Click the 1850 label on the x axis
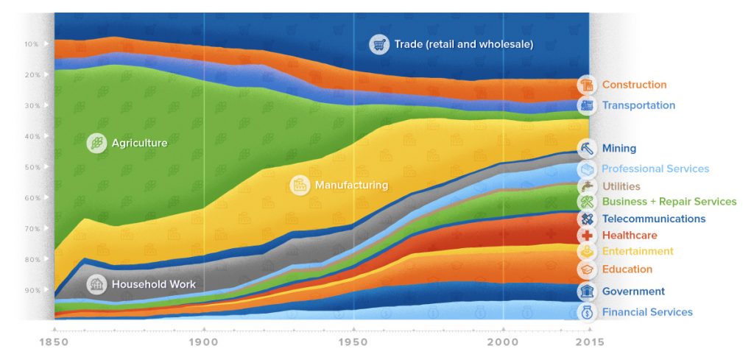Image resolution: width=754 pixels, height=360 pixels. click(x=54, y=342)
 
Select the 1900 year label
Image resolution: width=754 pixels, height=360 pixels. click(x=204, y=342)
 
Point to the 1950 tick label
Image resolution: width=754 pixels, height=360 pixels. click(x=353, y=342)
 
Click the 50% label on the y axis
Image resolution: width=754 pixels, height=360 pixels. click(x=31, y=167)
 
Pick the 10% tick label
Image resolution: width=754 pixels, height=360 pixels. click(x=31, y=44)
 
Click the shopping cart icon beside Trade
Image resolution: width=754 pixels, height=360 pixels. click(x=379, y=44)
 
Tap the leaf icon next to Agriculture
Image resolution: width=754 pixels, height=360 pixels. click(x=96, y=143)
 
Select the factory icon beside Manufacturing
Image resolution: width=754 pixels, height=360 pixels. click(x=300, y=185)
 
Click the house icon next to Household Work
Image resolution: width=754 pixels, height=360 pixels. click(x=96, y=284)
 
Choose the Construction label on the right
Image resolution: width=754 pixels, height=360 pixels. click(x=634, y=85)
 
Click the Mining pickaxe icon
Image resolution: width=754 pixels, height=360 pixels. click(x=587, y=148)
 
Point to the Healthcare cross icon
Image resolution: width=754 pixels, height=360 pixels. click(x=587, y=236)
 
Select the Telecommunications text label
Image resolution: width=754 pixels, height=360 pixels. click(x=653, y=219)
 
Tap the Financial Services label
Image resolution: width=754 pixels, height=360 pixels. click(x=646, y=312)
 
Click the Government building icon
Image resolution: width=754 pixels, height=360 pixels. click(x=587, y=292)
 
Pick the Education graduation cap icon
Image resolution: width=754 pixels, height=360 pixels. click(x=587, y=269)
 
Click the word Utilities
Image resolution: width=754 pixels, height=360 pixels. click(x=621, y=186)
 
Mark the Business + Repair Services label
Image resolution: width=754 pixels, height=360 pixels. click(x=669, y=202)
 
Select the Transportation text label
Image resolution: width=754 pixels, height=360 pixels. click(x=638, y=105)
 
